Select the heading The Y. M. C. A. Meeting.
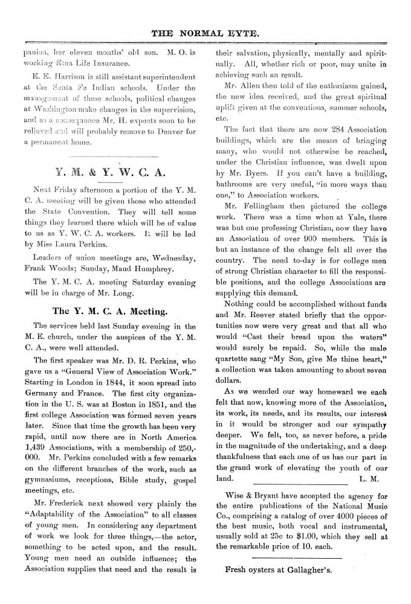tap(109, 311)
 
